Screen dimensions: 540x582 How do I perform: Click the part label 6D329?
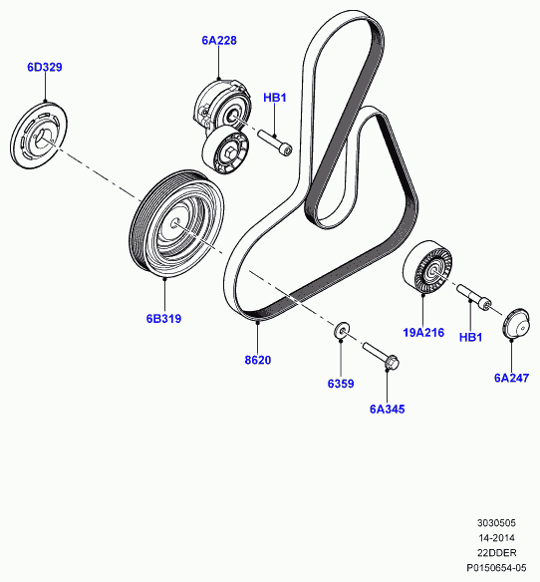[45, 67]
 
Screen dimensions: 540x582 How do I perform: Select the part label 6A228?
[219, 40]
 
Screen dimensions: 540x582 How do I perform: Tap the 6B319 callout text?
[163, 319]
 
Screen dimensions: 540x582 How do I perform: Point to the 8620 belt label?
[258, 360]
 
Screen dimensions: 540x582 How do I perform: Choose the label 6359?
[341, 384]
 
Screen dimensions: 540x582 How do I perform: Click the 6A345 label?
[388, 409]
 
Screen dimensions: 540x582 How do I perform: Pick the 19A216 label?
[423, 332]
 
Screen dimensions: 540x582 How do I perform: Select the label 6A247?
[511, 378]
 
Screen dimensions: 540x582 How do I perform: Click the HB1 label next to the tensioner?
[275, 98]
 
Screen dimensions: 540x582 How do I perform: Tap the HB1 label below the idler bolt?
[470, 337]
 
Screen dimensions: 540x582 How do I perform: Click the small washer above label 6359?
[342, 330]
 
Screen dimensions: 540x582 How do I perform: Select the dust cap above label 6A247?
[515, 323]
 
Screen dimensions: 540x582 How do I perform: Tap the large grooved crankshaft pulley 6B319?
[176, 224]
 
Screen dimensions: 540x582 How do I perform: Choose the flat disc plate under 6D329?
[39, 136]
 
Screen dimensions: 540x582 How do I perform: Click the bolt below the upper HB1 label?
[275, 143]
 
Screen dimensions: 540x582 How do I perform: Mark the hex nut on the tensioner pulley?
[229, 152]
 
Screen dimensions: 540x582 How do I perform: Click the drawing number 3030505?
[496, 523]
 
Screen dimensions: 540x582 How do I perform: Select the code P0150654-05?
[496, 567]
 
